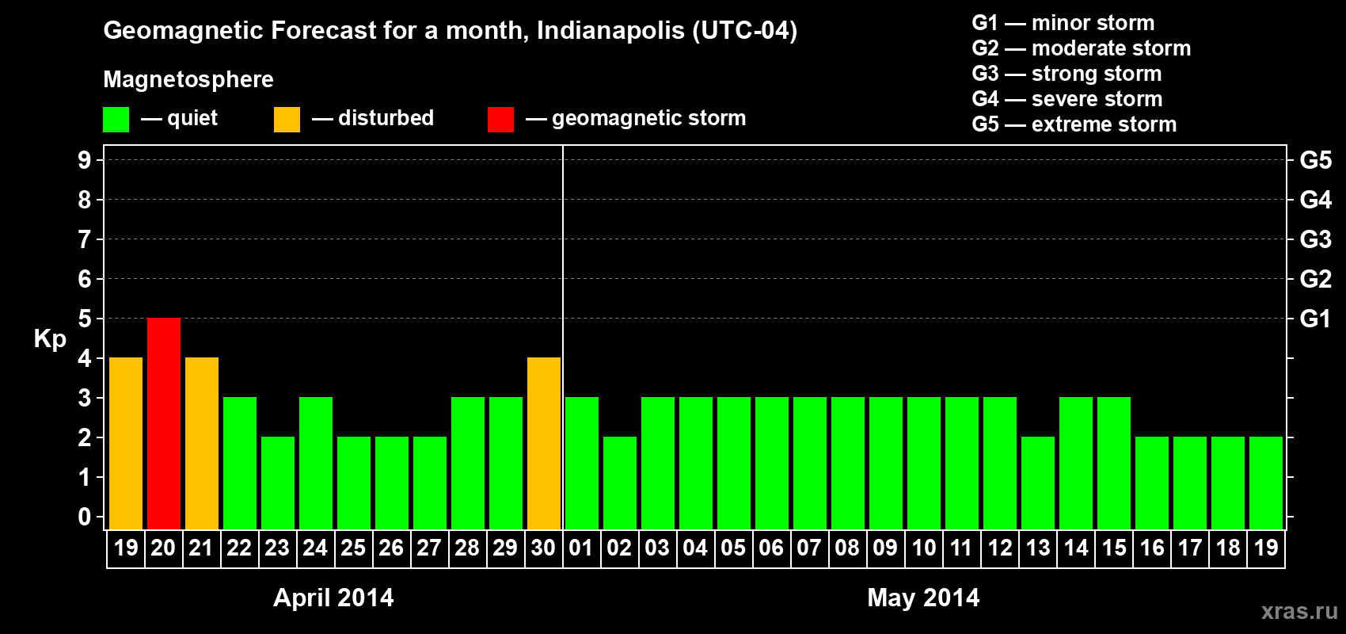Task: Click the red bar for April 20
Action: click(164, 423)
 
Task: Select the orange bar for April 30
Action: click(544, 443)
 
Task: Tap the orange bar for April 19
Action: click(126, 443)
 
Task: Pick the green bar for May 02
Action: click(620, 483)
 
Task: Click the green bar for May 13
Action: click(1038, 483)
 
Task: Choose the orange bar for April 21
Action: click(202, 443)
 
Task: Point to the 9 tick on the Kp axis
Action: click(85, 160)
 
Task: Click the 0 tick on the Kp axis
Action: click(85, 517)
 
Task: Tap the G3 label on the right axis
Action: click(1315, 239)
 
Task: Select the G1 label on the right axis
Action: click(1315, 319)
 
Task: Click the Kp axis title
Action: click(50, 338)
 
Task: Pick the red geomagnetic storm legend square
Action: click(500, 120)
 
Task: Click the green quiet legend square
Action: click(116, 120)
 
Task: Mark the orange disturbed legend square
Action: click(287, 120)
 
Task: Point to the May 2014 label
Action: click(923, 598)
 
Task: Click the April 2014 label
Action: click(333, 598)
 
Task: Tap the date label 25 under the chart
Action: click(353, 548)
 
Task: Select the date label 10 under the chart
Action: click(923, 548)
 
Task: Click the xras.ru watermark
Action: click(1299, 611)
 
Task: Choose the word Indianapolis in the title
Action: click(610, 30)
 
